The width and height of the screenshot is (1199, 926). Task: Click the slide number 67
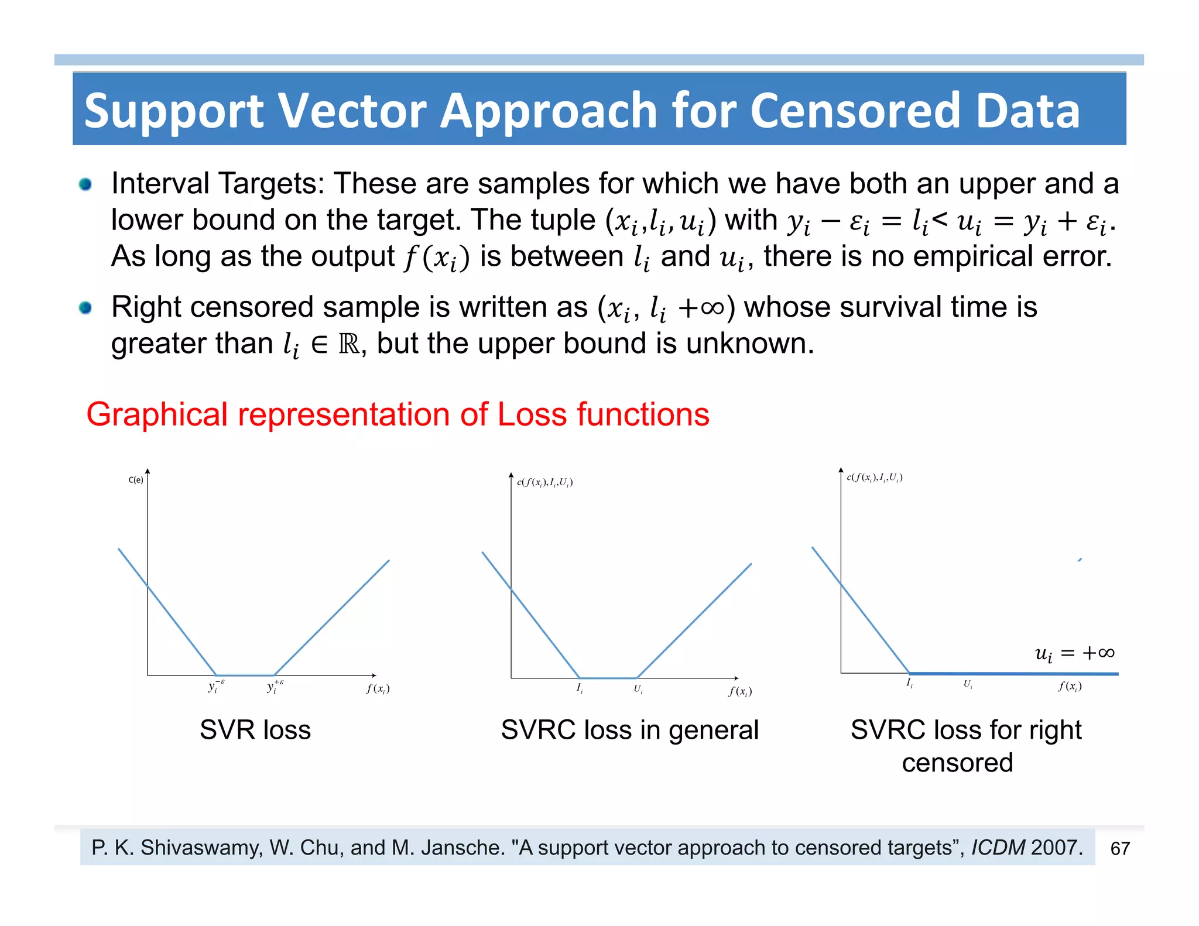(x=1119, y=848)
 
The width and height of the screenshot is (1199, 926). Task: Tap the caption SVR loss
(x=255, y=730)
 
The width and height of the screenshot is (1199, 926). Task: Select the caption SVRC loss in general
(x=629, y=730)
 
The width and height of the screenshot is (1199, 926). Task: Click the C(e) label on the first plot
(x=136, y=480)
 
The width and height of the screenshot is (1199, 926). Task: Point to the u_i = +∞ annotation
(x=1074, y=653)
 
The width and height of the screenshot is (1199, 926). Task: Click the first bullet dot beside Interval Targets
(x=85, y=184)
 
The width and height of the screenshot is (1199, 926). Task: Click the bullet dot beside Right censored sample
(x=85, y=307)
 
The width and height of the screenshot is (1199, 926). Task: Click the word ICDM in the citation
(x=998, y=848)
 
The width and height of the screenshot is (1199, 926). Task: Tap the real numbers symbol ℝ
(x=350, y=344)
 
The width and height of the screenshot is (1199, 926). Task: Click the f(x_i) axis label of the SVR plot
(x=378, y=689)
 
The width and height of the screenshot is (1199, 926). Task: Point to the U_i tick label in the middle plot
(x=638, y=690)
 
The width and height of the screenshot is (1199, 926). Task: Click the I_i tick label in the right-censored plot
(x=909, y=683)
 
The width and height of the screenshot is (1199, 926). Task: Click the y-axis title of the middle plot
(x=544, y=482)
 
